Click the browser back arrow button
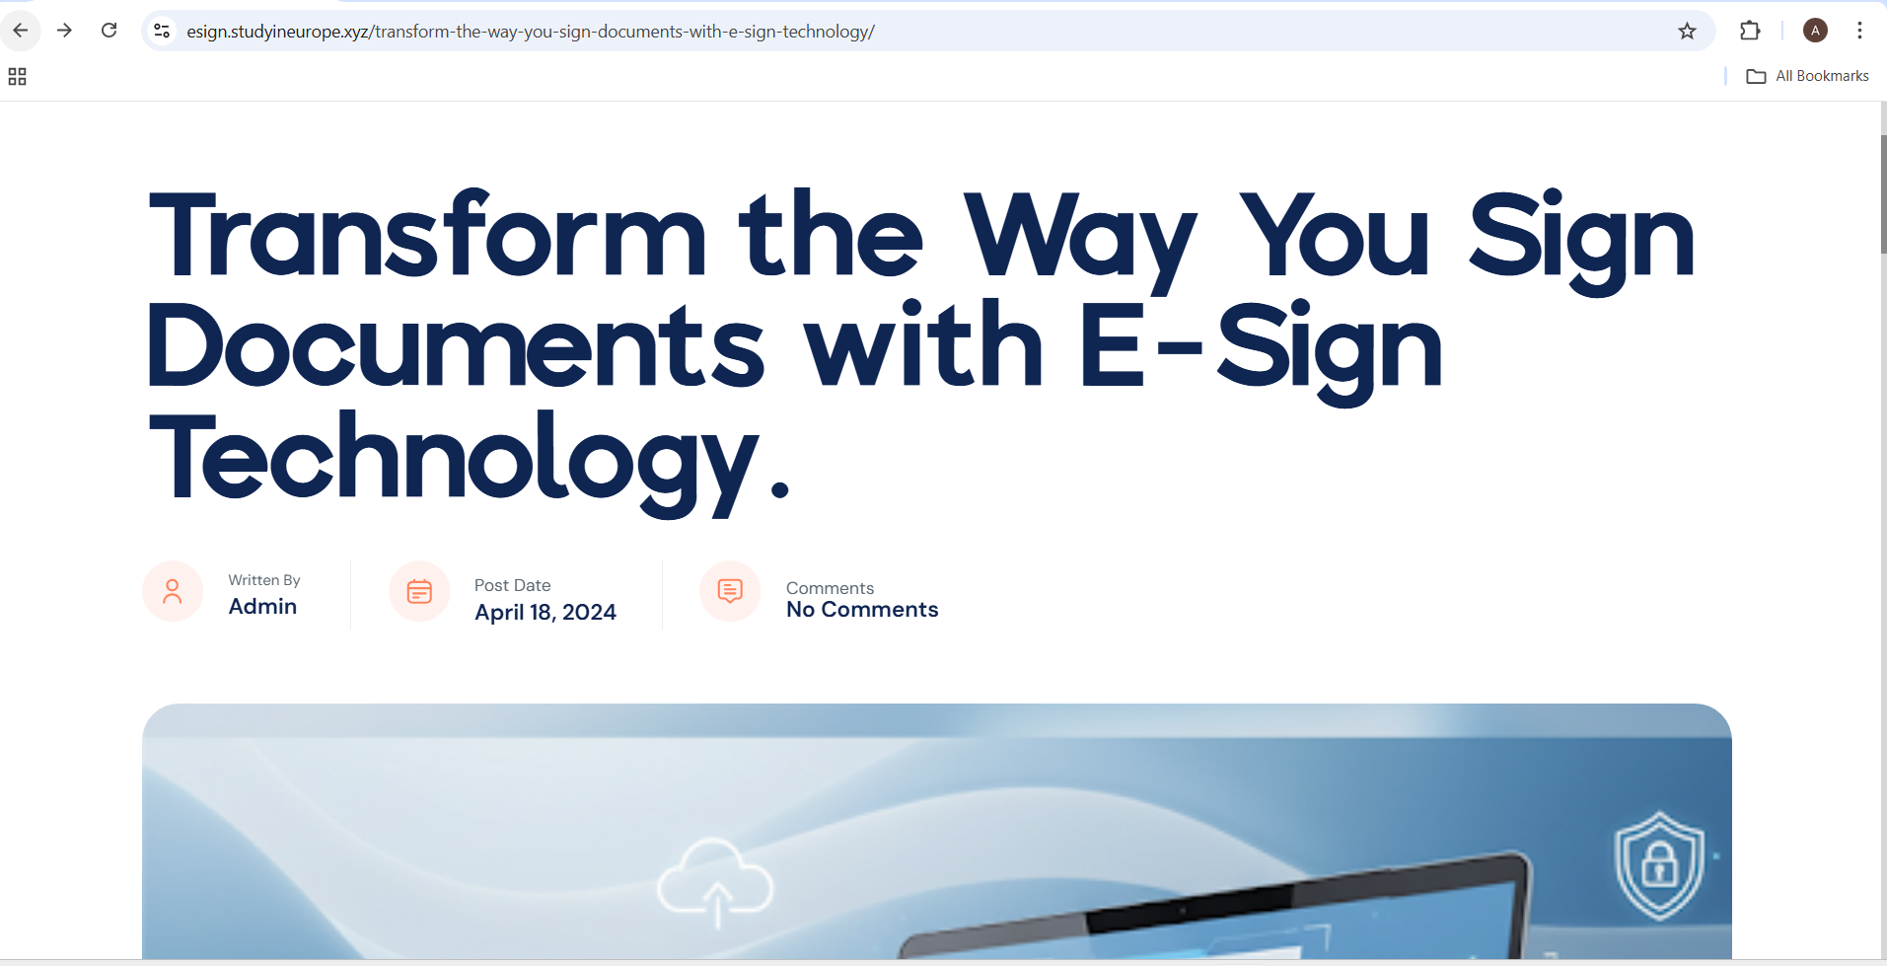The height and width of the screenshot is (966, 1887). pyautogui.click(x=21, y=31)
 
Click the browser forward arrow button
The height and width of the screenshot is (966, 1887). pyautogui.click(x=65, y=31)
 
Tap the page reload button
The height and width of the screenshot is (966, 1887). pyautogui.click(x=109, y=31)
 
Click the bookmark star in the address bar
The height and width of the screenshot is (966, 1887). pyautogui.click(x=1687, y=32)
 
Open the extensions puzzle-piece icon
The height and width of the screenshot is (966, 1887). pyautogui.click(x=1750, y=31)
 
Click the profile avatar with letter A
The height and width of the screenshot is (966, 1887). pyautogui.click(x=1815, y=31)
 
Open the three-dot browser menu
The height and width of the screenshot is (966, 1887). pyautogui.click(x=1859, y=31)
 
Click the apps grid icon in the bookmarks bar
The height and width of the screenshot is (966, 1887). pyautogui.click(x=17, y=76)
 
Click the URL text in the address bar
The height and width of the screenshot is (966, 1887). pyautogui.click(x=531, y=32)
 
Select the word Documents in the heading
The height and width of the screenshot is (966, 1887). pyautogui.click(x=457, y=344)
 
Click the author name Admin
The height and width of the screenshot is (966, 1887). pyautogui.click(x=262, y=607)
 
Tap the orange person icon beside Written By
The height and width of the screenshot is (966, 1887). pyautogui.click(x=173, y=591)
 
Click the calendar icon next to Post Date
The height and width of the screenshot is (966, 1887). pyautogui.click(x=419, y=591)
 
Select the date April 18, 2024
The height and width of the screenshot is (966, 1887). pyautogui.click(x=545, y=613)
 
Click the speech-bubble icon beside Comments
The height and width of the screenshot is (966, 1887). pyautogui.click(x=730, y=591)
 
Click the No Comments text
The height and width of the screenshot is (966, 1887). pyautogui.click(x=862, y=610)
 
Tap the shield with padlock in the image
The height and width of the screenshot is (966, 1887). pyautogui.click(x=1659, y=866)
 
